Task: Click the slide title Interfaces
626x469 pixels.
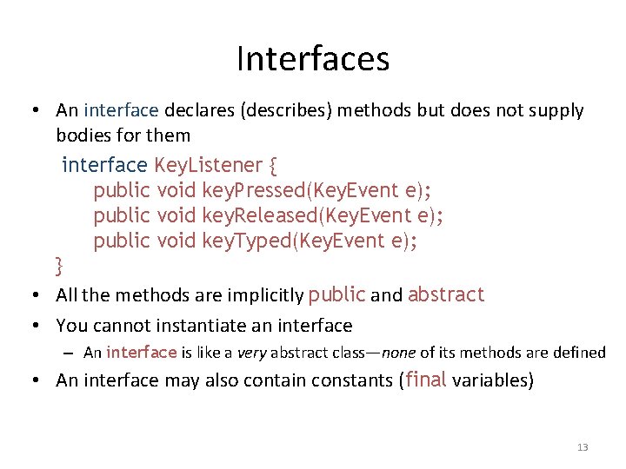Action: point(313,59)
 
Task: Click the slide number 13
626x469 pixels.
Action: point(583,447)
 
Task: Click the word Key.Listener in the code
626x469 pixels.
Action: point(208,165)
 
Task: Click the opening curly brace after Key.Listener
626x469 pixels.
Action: point(273,165)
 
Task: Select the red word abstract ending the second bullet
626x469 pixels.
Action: point(445,294)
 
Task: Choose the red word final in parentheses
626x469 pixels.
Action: point(426,380)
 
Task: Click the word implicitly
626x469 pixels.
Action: point(262,295)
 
